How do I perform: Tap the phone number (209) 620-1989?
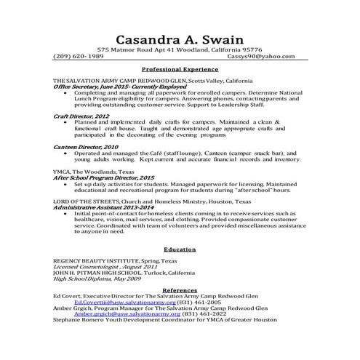coord(82,56)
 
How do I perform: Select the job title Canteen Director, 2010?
coord(86,146)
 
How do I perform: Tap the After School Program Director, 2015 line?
coord(104,177)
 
